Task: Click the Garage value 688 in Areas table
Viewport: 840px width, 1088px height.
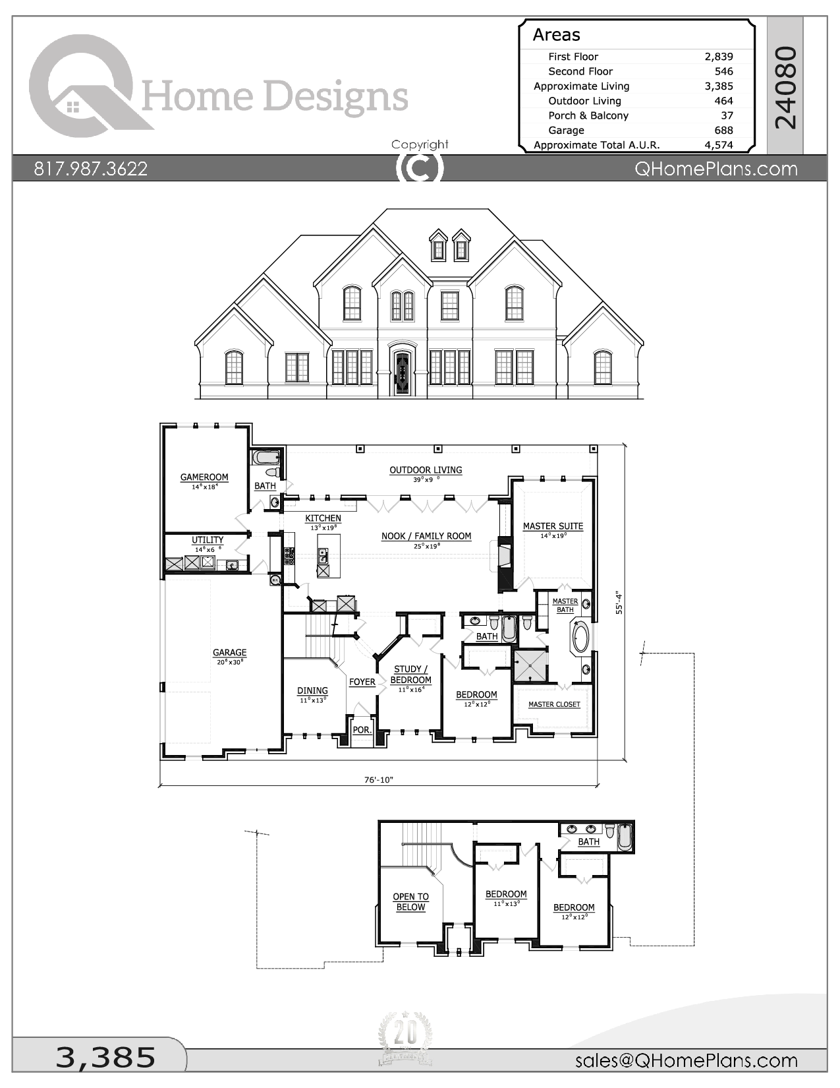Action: (x=723, y=130)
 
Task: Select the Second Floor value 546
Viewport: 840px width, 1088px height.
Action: (x=723, y=71)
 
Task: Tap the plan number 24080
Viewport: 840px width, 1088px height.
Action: (x=786, y=87)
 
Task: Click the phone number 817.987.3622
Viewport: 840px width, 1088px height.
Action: (x=91, y=169)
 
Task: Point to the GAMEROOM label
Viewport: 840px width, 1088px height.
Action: (x=204, y=477)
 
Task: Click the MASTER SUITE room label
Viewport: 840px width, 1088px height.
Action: (x=553, y=526)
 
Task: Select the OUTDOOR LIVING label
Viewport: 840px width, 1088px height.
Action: (x=426, y=470)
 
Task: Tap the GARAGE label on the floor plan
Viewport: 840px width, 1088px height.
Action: (x=229, y=653)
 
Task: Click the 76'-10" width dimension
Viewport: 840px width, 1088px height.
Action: (x=379, y=779)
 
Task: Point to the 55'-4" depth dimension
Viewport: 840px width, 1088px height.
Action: (x=619, y=602)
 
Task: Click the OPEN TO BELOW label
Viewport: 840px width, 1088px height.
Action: (x=410, y=902)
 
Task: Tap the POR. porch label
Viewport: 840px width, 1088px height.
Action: (x=362, y=730)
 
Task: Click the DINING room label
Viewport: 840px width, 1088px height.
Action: (x=312, y=690)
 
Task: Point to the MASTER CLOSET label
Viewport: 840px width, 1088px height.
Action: (x=554, y=704)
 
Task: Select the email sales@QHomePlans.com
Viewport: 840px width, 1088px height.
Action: (x=686, y=1060)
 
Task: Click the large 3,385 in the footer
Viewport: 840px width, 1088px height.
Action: (x=105, y=1057)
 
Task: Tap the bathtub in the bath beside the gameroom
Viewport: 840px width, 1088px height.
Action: (x=266, y=457)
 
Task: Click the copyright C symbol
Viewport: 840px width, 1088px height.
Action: (x=420, y=167)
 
